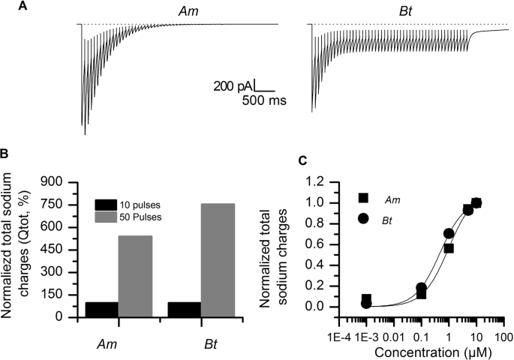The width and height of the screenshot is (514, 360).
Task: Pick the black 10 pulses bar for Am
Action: pyautogui.click(x=101, y=309)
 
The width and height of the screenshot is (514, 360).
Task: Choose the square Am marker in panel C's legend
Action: pyautogui.click(x=363, y=198)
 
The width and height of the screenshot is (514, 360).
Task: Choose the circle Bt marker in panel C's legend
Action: pyautogui.click(x=363, y=218)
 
